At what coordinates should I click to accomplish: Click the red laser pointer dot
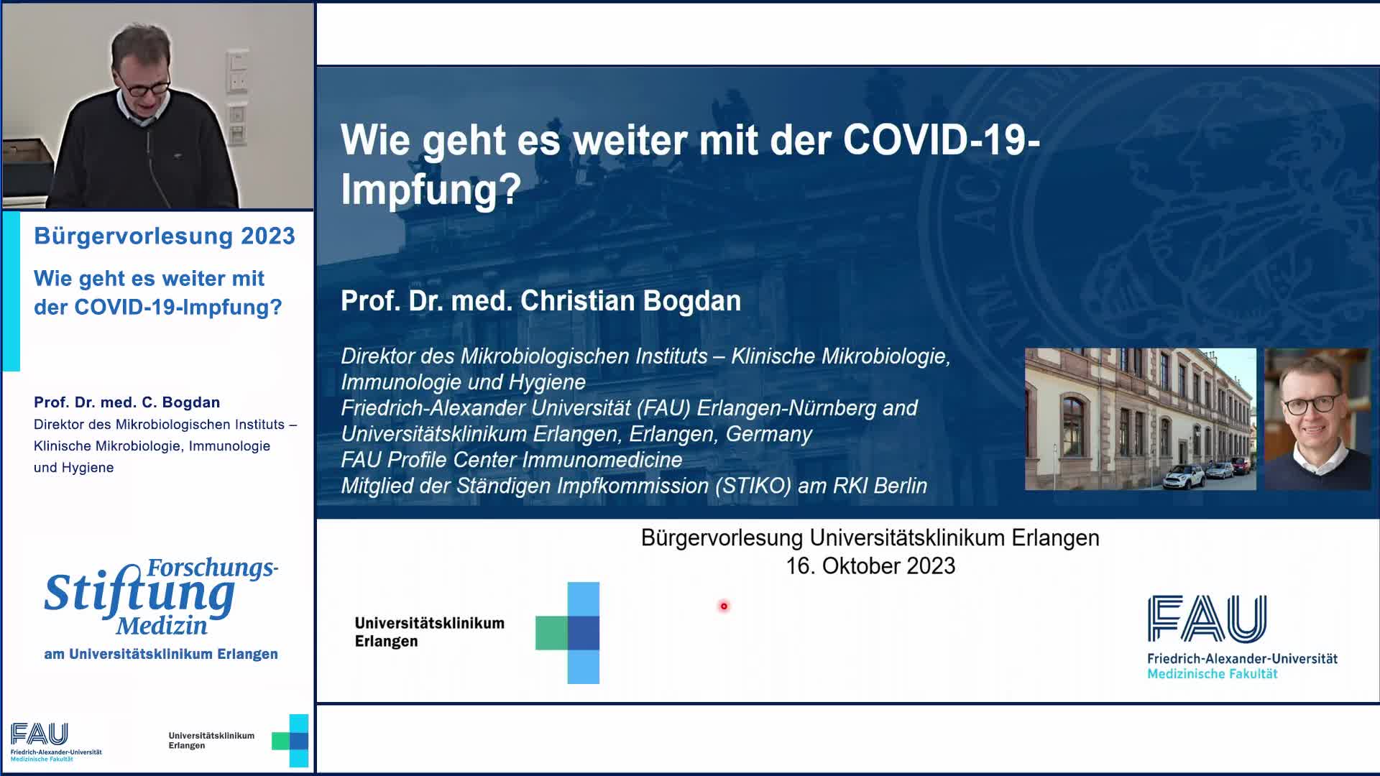(724, 606)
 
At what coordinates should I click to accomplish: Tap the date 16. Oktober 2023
(870, 566)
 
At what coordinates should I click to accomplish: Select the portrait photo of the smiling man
(1317, 420)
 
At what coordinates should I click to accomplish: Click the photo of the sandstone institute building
(1140, 420)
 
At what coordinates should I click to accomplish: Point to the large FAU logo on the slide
(1207, 619)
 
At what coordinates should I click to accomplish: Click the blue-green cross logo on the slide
(568, 632)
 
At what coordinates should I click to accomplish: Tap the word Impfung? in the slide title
(431, 189)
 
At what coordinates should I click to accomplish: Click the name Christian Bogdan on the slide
(630, 301)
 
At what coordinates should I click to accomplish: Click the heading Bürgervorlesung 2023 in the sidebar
(165, 236)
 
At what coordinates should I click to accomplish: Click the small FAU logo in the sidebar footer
(40, 734)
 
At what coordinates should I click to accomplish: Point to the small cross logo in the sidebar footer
(290, 741)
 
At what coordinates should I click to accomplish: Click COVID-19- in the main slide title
(941, 139)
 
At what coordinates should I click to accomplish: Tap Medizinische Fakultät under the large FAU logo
(1212, 674)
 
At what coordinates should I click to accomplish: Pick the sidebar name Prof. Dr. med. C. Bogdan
(126, 402)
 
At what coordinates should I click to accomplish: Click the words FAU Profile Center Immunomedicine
(511, 460)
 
